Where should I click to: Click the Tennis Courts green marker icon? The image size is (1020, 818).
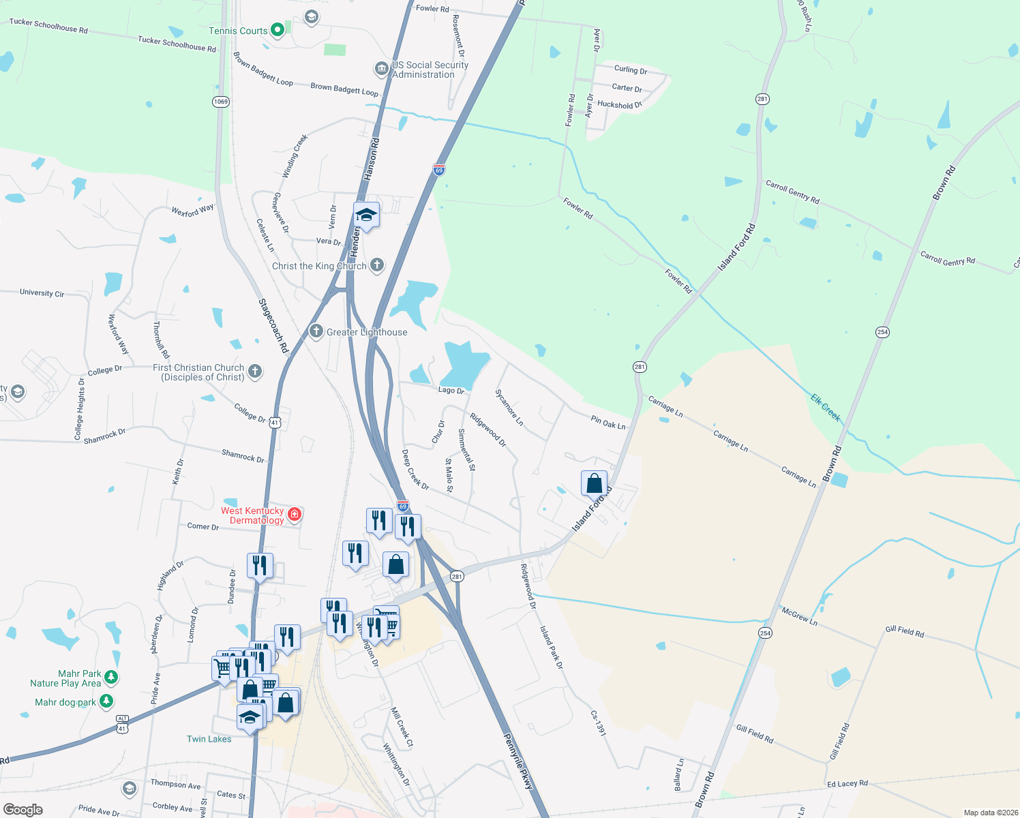[277, 30]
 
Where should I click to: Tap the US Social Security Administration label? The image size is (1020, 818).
[430, 70]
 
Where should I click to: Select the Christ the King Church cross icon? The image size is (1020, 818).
[377, 265]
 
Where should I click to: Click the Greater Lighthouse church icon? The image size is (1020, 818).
[316, 331]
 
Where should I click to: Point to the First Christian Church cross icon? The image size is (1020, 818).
[255, 371]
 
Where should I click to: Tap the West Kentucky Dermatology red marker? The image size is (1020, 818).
[295, 514]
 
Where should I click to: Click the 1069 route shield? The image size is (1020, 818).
[220, 102]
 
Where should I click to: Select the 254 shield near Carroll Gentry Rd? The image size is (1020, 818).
[882, 332]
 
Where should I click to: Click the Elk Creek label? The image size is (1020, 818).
[826, 407]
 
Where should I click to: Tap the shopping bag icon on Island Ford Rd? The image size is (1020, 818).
[594, 483]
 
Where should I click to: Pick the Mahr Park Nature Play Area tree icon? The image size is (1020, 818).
[111, 677]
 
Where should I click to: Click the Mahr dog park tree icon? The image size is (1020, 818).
[106, 701]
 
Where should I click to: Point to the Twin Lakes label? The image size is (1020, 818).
[209, 739]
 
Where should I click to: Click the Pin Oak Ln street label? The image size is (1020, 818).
[608, 423]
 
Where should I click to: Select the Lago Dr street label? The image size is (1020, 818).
[451, 391]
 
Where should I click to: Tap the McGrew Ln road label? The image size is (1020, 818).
[799, 616]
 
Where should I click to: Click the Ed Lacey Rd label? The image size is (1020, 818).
[847, 784]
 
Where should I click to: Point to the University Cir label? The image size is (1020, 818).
[42, 293]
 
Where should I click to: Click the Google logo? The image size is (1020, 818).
[23, 809]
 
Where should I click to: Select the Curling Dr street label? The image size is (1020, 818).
[630, 70]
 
